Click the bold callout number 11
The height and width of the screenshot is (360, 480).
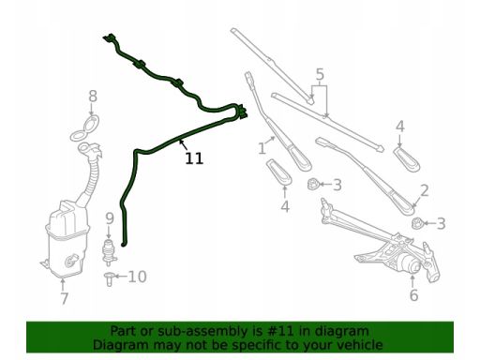(194, 158)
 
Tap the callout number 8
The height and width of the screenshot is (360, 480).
(93, 97)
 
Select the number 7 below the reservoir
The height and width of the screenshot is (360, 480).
(64, 298)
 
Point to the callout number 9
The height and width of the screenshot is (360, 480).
(110, 218)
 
